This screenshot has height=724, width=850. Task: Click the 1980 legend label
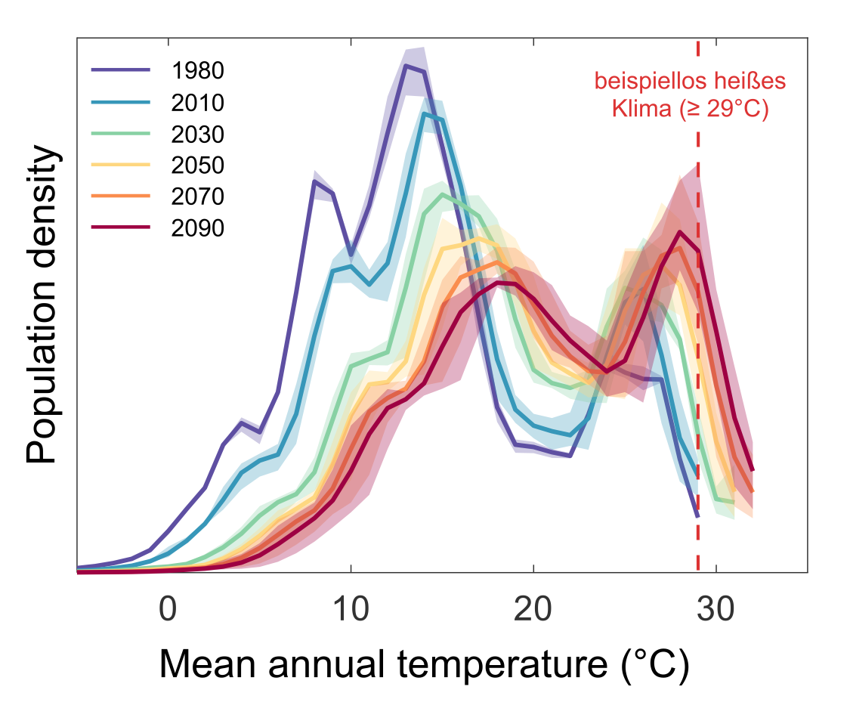tap(198, 70)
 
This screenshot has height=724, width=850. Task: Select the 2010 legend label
tap(198, 102)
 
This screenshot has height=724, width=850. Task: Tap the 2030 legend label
tap(198, 134)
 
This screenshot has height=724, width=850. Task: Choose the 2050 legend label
tap(198, 165)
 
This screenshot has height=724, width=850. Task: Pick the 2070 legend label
tap(198, 196)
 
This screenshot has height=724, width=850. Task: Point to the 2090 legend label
tap(198, 227)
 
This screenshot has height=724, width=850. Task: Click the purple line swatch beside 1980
tap(121, 70)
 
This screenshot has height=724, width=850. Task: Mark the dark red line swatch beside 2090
tap(121, 227)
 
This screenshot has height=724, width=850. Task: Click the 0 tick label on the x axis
tap(168, 609)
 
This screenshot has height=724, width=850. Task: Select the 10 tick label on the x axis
tap(351, 609)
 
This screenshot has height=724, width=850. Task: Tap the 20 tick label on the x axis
tap(533, 609)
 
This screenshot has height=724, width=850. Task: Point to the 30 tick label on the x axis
tap(716, 609)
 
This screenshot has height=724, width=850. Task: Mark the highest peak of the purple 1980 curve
tap(406, 66)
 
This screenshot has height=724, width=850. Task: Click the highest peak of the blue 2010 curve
tap(425, 114)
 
